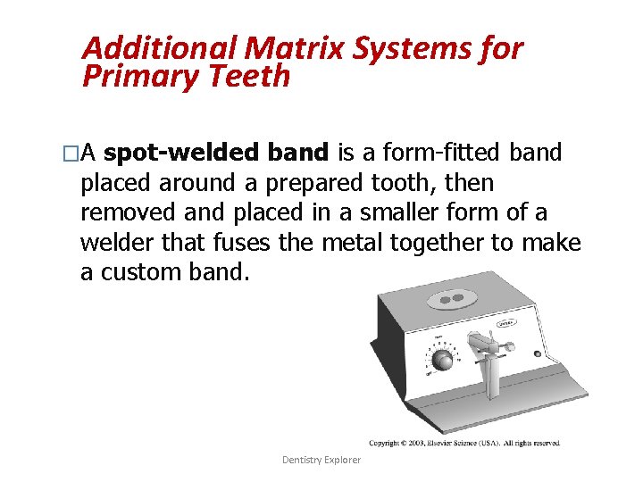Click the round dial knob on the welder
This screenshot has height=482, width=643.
[442, 360]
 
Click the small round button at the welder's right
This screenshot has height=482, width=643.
[538, 353]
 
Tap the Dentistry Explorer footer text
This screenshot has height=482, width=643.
[321, 460]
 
